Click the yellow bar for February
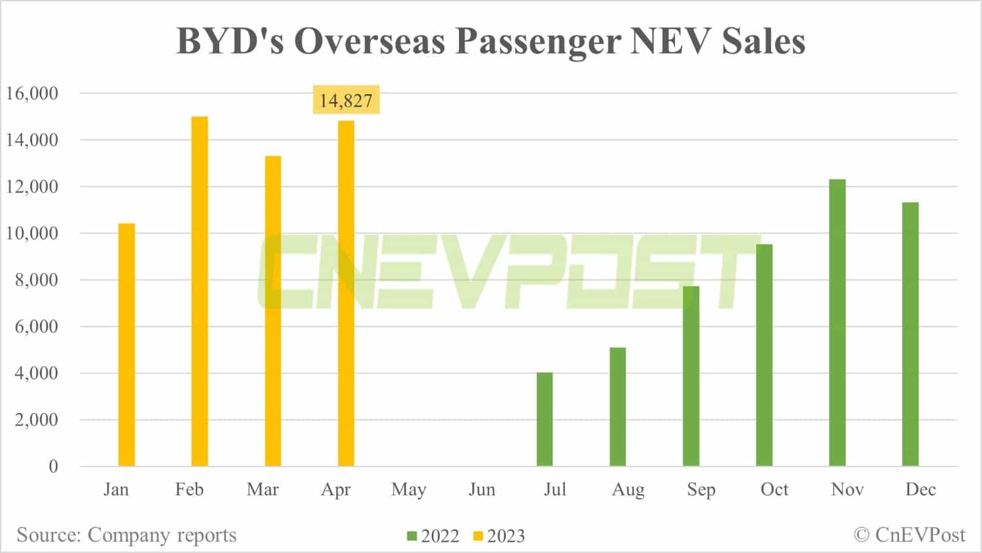tap(200, 291)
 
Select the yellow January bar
tap(126, 345)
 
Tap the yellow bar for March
tap(273, 311)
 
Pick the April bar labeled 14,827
tap(346, 293)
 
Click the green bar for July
tap(545, 419)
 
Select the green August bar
tap(618, 406)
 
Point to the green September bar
tap(691, 376)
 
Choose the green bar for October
tap(764, 355)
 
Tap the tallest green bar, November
tap(837, 323)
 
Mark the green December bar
tap(910, 334)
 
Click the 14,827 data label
tap(346, 100)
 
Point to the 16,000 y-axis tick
tap(33, 94)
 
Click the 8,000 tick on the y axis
tap(37, 280)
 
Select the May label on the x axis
tap(409, 490)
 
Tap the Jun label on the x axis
tap(482, 490)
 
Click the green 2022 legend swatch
tap(412, 536)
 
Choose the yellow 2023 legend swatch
tap(478, 536)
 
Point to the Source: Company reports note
tap(126, 535)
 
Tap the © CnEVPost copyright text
tap(909, 535)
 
